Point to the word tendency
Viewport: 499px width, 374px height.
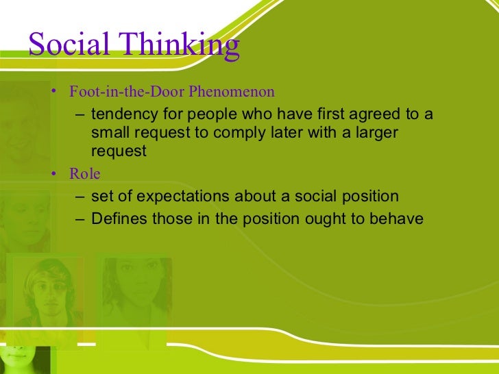(121, 113)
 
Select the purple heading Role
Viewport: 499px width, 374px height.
(84, 174)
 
